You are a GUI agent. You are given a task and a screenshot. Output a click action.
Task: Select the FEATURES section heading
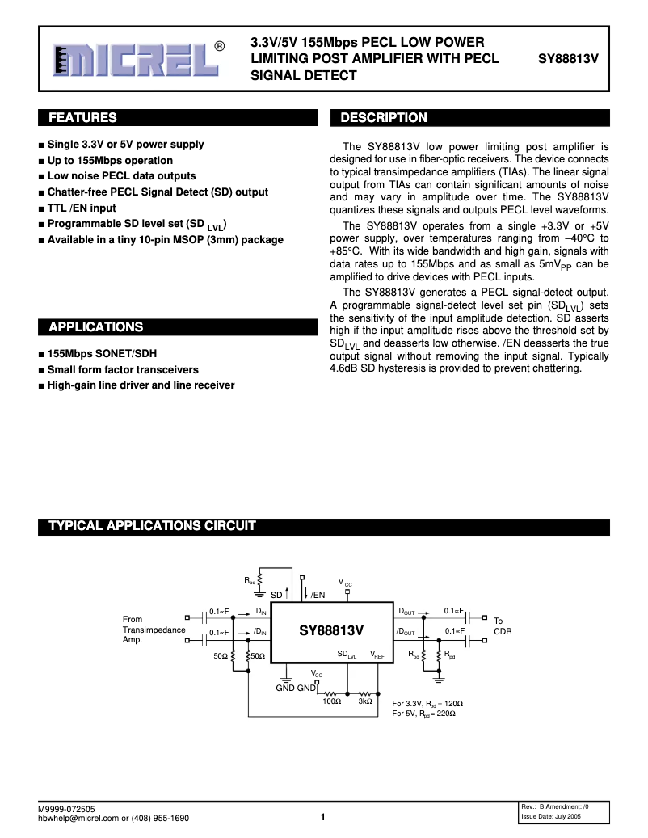tap(82, 118)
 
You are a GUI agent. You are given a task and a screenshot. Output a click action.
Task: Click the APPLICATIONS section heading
tap(95, 327)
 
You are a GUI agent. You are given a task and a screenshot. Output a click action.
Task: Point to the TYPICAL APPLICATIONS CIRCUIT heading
tap(152, 526)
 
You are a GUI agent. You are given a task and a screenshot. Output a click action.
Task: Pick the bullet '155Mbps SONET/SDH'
tap(102, 354)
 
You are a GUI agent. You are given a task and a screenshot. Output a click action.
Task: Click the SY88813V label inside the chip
tap(331, 630)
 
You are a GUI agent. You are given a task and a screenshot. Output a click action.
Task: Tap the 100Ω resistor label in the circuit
tap(331, 702)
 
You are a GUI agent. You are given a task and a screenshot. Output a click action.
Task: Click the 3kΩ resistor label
tap(366, 702)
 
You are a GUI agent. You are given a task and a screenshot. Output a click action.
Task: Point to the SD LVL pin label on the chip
tap(347, 655)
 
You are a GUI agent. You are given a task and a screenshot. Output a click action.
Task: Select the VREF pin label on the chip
tap(377, 655)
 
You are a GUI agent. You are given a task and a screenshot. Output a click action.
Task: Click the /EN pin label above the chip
tap(318, 595)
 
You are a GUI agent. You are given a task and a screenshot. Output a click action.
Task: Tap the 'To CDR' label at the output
tap(503, 625)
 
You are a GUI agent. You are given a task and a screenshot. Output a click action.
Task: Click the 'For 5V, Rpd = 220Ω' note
tap(427, 714)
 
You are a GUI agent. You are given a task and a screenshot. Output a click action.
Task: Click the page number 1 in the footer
tap(322, 817)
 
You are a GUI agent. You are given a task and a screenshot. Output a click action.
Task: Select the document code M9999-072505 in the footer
tap(66, 809)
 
